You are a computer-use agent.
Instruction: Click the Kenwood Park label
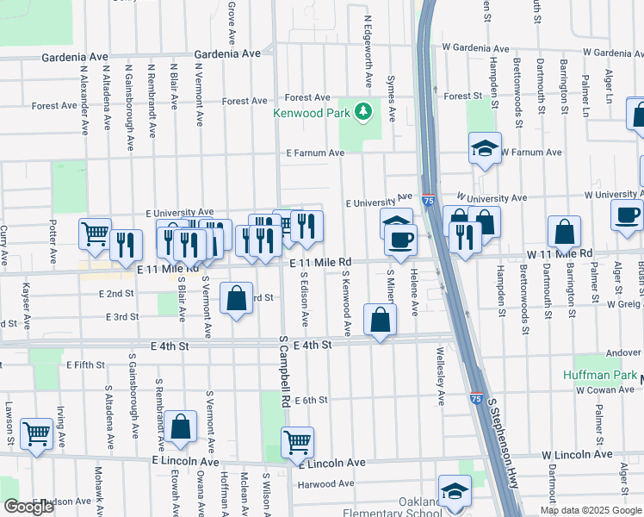(x=313, y=113)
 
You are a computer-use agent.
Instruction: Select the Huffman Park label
(x=599, y=376)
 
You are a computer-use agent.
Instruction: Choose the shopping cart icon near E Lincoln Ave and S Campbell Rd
(x=297, y=443)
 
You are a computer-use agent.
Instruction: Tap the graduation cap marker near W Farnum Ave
(x=485, y=148)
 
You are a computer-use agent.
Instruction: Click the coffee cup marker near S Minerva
(x=400, y=239)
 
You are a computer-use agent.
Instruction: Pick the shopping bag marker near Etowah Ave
(x=180, y=427)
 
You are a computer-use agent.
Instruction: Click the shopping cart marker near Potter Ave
(x=95, y=234)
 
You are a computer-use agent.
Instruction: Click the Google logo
(x=29, y=507)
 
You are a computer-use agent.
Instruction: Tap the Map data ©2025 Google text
(x=590, y=510)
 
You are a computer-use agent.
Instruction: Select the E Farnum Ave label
(x=315, y=153)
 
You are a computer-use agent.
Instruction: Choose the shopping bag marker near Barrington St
(x=564, y=231)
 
